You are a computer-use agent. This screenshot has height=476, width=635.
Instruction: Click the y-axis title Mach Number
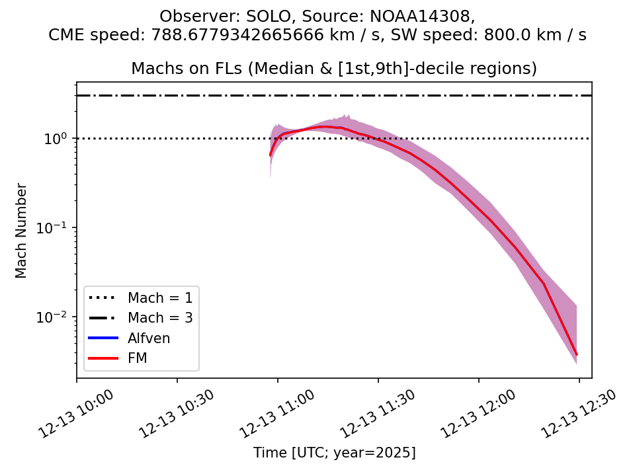tap(22, 231)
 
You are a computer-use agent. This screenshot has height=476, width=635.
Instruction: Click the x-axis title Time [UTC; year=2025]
tap(334, 453)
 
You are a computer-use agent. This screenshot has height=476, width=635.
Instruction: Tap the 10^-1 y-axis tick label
tap(58, 227)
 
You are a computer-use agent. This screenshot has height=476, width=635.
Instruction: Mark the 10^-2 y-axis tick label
tap(58, 317)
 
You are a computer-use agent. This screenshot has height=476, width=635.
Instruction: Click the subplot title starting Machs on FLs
tap(334, 69)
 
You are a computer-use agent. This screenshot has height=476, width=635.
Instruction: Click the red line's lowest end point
tap(577, 355)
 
